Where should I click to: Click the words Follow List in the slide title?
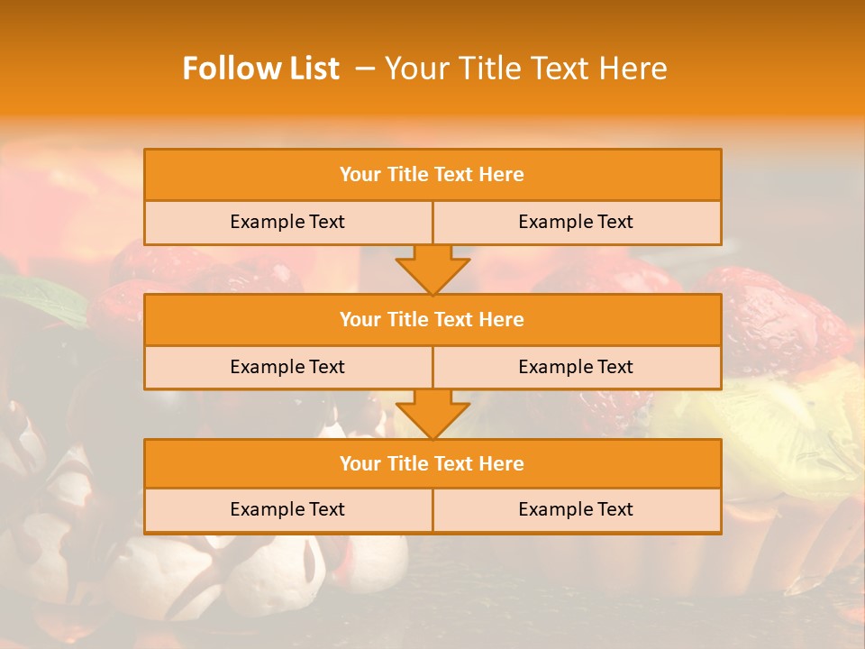point(260,69)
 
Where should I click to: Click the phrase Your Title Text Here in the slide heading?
point(526,69)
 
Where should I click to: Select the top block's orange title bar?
point(432,175)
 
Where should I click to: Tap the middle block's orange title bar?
point(432,319)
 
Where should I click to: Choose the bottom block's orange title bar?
point(432,463)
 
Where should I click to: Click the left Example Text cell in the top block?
point(287,222)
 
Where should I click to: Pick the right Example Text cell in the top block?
point(576,222)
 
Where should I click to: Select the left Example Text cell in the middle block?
point(287,367)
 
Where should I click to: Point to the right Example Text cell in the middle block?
point(576,367)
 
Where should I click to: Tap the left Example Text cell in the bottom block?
point(287,509)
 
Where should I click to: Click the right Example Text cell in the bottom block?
point(576,509)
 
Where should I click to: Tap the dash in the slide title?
point(365,69)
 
